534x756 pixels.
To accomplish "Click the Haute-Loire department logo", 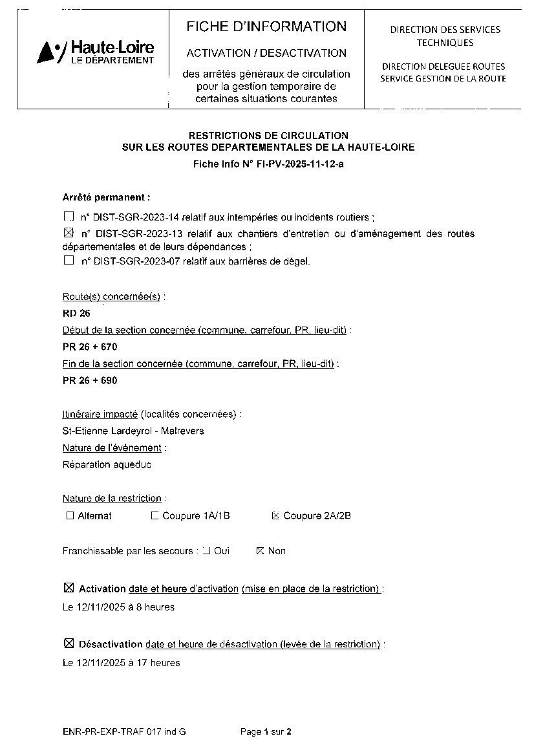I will pyautogui.click(x=96, y=52).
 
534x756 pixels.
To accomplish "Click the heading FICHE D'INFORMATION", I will pyautogui.click(x=266, y=27).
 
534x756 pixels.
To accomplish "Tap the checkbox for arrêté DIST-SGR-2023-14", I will pyautogui.click(x=69, y=217).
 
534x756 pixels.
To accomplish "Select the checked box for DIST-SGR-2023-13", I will pyautogui.click(x=69, y=233).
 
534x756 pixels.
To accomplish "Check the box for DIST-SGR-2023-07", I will pyautogui.click(x=69, y=261).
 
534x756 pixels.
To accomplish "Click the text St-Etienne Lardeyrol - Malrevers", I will pyautogui.click(x=133, y=431).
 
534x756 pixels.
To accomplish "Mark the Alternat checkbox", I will pyautogui.click(x=70, y=515).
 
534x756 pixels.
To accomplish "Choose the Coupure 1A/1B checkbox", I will pyautogui.click(x=155, y=515).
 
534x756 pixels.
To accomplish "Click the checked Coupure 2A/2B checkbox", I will pyautogui.click(x=276, y=515).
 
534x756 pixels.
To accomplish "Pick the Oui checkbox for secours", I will pyautogui.click(x=206, y=550).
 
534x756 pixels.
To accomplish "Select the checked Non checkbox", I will pyautogui.click(x=261, y=550).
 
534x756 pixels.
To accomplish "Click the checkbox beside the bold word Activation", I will pyautogui.click(x=69, y=588).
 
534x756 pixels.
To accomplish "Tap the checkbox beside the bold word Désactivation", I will pyautogui.click(x=69, y=643).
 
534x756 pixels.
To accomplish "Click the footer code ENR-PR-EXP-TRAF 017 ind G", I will pyautogui.click(x=124, y=732).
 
